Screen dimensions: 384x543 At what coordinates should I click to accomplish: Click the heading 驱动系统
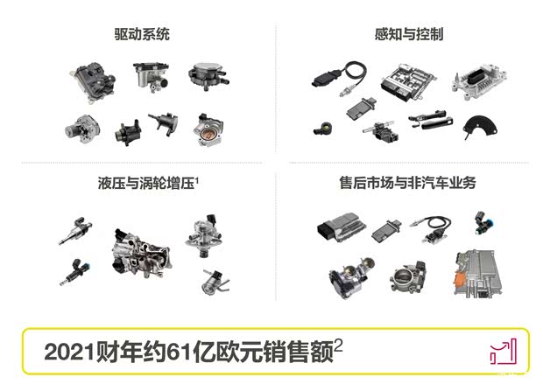[x=141, y=34]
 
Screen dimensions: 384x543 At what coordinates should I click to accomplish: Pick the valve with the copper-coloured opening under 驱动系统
[x=210, y=131]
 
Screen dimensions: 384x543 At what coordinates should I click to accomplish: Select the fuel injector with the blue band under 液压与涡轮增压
[x=74, y=272]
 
